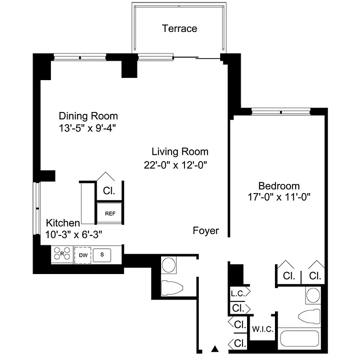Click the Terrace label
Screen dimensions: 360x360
(x=180, y=29)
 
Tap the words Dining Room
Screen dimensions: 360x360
(x=88, y=116)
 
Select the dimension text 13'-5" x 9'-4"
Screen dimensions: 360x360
(x=88, y=128)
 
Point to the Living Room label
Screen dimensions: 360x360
(x=180, y=152)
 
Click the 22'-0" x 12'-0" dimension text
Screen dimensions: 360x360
(x=175, y=165)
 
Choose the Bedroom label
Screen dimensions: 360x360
(x=279, y=186)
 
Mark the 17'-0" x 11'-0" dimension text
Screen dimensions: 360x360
(x=279, y=197)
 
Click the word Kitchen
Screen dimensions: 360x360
(x=63, y=223)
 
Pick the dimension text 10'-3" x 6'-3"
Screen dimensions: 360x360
(x=74, y=234)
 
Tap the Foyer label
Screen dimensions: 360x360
(x=206, y=231)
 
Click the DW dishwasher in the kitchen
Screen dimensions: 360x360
(x=83, y=255)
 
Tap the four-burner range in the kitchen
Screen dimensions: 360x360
(x=62, y=254)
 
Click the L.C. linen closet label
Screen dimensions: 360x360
(x=237, y=294)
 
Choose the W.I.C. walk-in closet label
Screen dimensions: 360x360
(x=262, y=329)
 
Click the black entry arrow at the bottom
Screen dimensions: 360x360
(x=215, y=348)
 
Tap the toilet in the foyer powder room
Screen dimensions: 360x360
(x=174, y=287)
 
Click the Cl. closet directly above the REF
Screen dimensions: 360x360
(x=109, y=190)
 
